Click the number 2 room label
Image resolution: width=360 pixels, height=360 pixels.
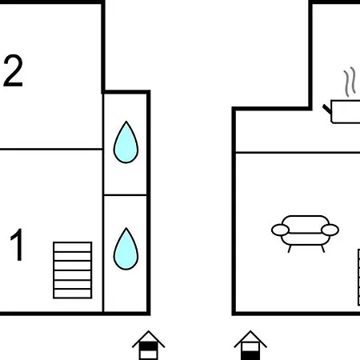(x=13, y=70)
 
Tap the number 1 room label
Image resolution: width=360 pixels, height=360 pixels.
(x=17, y=245)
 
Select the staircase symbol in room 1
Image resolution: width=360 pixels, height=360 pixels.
(x=73, y=270)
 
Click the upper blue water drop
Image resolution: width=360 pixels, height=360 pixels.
(x=126, y=142)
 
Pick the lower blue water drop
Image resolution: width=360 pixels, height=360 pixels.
(x=126, y=249)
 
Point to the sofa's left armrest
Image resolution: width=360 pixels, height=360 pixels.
(x=280, y=230)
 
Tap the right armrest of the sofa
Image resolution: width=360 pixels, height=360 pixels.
(x=330, y=230)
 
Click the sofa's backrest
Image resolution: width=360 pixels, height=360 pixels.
(x=306, y=224)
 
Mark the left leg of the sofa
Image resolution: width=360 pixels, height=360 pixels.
(x=290, y=249)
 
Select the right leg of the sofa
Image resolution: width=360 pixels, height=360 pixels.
(x=323, y=249)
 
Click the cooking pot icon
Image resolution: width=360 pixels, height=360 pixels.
(x=344, y=111)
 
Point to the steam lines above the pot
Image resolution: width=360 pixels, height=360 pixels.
(x=350, y=82)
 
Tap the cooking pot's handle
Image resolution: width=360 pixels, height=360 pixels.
(x=327, y=109)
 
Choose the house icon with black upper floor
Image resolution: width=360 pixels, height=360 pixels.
(x=149, y=346)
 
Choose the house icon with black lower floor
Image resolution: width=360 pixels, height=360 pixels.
(x=250, y=346)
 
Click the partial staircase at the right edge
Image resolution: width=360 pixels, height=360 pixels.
(x=358, y=278)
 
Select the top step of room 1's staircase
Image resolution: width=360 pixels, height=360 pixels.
(x=73, y=246)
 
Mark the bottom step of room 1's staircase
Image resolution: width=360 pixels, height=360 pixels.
(x=73, y=294)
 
